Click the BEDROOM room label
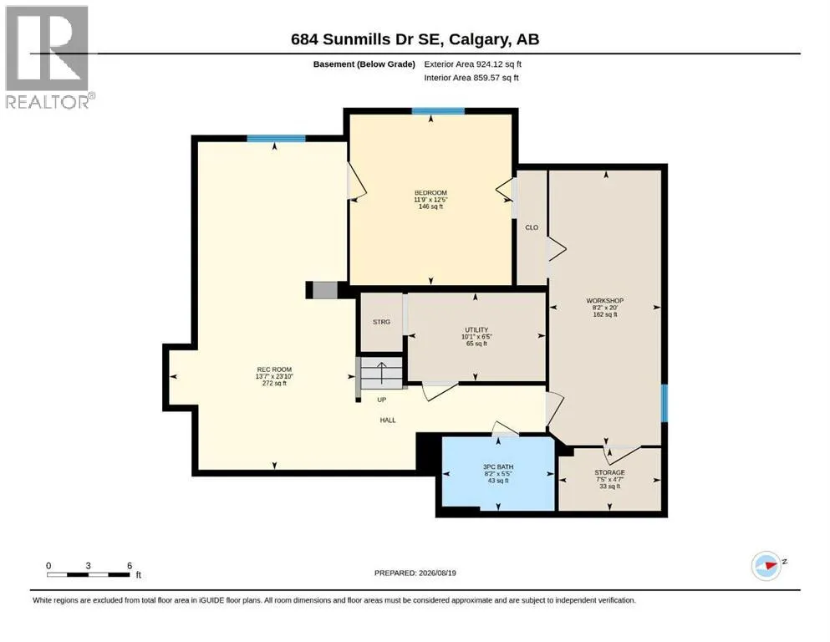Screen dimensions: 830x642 pyautogui.click(x=430, y=192)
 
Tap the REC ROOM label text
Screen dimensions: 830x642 pyautogui.click(x=274, y=369)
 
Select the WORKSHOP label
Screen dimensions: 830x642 pyautogui.click(x=604, y=301)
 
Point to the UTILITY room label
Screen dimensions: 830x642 pyautogui.click(x=476, y=329)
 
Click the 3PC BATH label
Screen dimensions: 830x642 pyautogui.click(x=498, y=466)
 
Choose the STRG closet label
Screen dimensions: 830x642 pyautogui.click(x=381, y=322)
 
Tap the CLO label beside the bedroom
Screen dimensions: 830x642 pyautogui.click(x=532, y=227)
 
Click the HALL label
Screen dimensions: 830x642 pyautogui.click(x=388, y=420)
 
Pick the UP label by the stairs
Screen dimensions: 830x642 pyautogui.click(x=382, y=400)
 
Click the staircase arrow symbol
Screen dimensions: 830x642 pyautogui.click(x=381, y=373)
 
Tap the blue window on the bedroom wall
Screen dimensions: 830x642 pyautogui.click(x=438, y=111)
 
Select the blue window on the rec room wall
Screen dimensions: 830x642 pyautogui.click(x=277, y=139)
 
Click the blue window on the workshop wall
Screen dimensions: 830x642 pyautogui.click(x=665, y=403)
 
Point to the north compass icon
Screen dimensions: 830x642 pyautogui.click(x=766, y=565)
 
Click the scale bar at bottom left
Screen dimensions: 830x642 pyautogui.click(x=89, y=574)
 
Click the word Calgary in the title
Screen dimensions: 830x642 pyautogui.click(x=478, y=39)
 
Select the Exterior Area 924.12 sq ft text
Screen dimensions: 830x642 pyautogui.click(x=473, y=64)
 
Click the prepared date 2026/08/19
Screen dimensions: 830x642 pyautogui.click(x=437, y=573)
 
